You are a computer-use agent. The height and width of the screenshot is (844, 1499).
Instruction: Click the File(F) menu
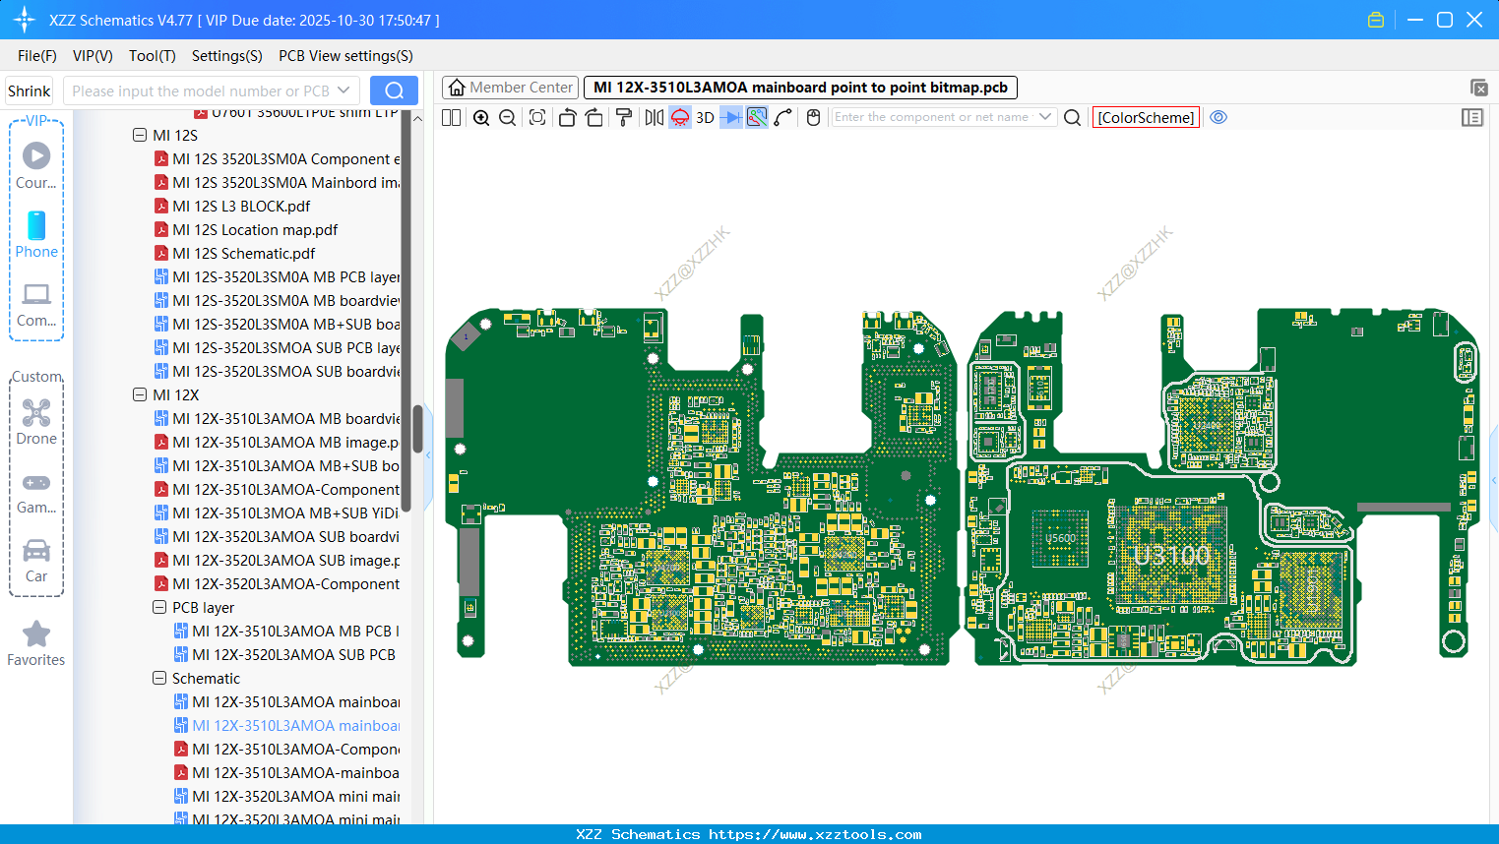[x=36, y=56]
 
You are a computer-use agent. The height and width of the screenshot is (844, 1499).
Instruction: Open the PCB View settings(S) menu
[x=345, y=56]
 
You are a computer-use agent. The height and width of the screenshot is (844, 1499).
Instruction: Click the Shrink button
[x=29, y=91]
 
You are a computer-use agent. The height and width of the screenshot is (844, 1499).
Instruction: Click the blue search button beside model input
[x=394, y=90]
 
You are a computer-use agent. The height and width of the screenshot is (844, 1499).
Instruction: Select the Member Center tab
[x=510, y=88]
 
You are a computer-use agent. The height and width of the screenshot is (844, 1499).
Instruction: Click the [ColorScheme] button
[x=1146, y=117]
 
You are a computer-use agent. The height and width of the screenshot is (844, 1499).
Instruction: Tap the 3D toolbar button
[x=705, y=117]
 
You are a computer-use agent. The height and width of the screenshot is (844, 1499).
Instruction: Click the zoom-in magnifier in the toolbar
[x=481, y=117]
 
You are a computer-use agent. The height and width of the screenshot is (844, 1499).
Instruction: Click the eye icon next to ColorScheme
[x=1218, y=117]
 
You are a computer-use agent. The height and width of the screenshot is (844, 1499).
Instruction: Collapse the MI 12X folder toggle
[x=140, y=394]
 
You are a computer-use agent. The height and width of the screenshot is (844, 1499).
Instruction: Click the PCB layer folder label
[x=203, y=608]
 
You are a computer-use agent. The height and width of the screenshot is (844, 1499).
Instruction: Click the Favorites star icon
[x=36, y=634]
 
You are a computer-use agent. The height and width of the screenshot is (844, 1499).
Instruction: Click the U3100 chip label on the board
[x=1171, y=555]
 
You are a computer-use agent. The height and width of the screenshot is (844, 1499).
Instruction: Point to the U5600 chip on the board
[x=1060, y=538]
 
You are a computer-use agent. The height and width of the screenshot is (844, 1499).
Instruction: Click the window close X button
[x=1474, y=20]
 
